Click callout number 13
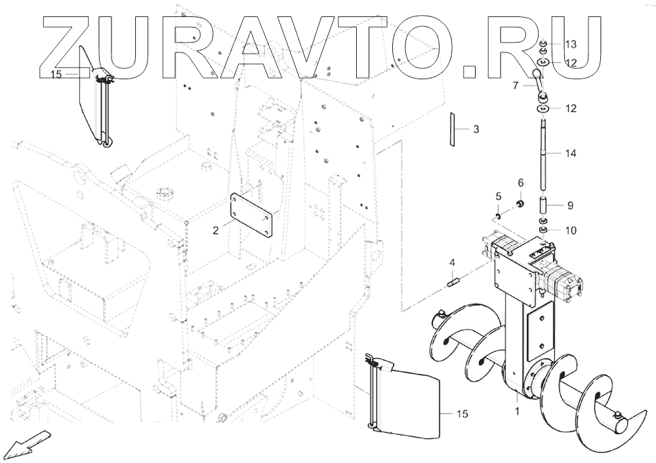coord(570,45)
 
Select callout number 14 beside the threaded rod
coord(570,153)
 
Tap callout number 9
coord(570,205)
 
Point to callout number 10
coord(570,231)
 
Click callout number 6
coord(521,182)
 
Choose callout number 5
coord(498,196)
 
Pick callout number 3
coord(476,130)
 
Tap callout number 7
coord(516,85)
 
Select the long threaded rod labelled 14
coord(545,154)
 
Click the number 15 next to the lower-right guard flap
coord(462,413)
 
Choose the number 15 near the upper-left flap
coord(56,75)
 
